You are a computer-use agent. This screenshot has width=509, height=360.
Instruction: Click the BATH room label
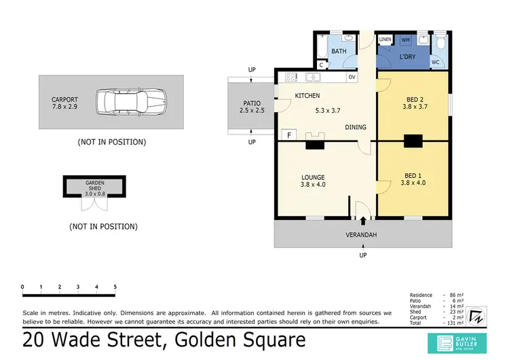339,51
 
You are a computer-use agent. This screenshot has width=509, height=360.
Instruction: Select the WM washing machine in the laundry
406,41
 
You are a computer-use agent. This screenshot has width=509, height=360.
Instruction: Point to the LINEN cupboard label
385,40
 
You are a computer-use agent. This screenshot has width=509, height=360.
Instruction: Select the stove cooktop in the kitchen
290,77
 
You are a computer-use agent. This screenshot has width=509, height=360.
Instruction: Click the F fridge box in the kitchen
289,135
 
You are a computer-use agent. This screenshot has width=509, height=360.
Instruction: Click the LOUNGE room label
314,178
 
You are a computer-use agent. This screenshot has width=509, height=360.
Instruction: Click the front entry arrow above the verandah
363,220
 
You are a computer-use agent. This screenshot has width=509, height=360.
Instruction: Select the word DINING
357,127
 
